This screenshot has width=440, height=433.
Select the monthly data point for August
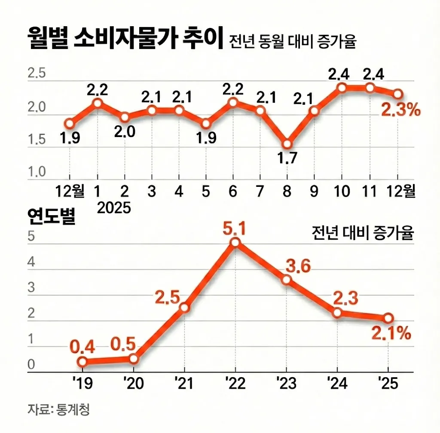[x=287, y=144]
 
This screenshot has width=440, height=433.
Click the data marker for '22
[x=235, y=243]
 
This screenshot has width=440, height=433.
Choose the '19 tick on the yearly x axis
[x=83, y=382]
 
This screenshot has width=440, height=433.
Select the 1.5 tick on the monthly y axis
[x=37, y=140]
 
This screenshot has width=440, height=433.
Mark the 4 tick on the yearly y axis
[x=31, y=262]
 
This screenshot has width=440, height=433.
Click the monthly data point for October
[x=342, y=88]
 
